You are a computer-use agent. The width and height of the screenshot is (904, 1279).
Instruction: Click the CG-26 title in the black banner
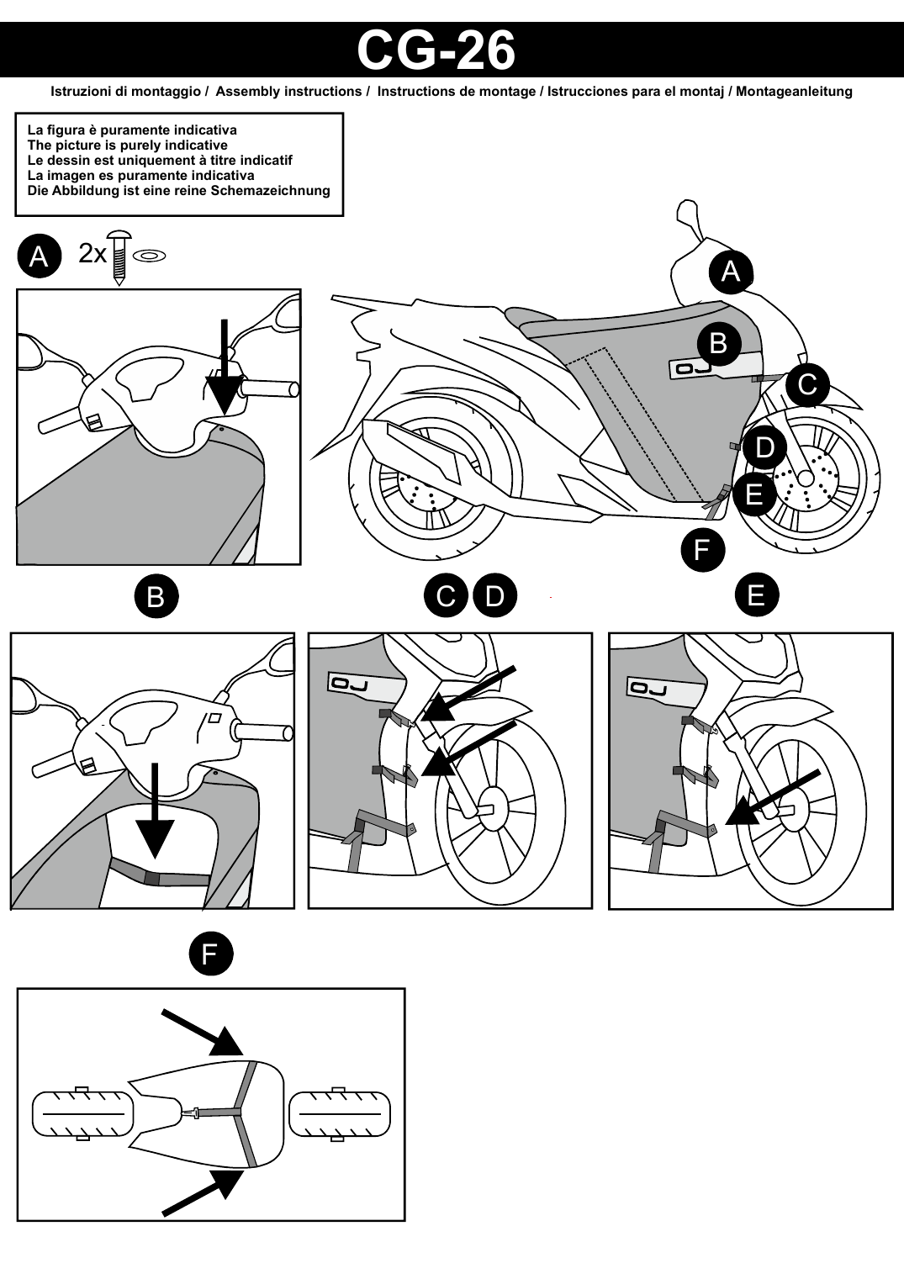click(436, 51)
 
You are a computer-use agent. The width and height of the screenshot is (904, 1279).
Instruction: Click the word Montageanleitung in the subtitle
click(794, 92)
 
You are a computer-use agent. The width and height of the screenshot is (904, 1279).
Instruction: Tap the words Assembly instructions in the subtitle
click(288, 92)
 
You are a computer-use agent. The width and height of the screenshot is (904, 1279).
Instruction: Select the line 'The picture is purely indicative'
click(127, 145)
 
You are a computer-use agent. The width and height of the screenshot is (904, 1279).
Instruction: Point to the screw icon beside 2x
click(119, 257)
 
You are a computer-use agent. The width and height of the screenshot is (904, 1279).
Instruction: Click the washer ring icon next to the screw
click(149, 256)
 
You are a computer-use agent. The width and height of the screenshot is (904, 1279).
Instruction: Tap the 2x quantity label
click(93, 254)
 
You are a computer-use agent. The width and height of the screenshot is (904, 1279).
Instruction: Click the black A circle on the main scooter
click(731, 272)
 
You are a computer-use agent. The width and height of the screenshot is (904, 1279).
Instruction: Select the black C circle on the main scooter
click(807, 384)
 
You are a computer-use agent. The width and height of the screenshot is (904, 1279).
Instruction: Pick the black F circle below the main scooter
click(703, 550)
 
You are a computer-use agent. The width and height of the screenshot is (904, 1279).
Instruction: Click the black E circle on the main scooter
click(753, 494)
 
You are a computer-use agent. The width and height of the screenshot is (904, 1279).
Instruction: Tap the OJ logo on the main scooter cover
click(693, 369)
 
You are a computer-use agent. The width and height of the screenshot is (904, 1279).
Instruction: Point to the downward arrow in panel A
click(225, 367)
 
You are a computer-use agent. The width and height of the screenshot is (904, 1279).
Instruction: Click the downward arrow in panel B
click(155, 811)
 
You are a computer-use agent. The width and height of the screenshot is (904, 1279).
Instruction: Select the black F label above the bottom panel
click(211, 953)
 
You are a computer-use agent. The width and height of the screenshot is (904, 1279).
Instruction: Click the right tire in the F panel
click(339, 1113)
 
